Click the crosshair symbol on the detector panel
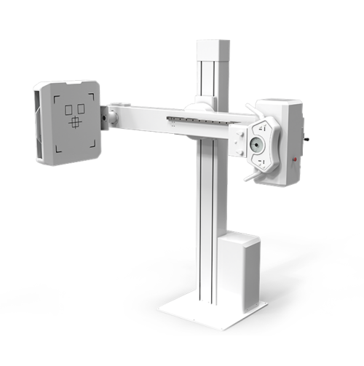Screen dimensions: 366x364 click(x=75, y=122)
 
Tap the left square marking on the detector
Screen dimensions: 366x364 click(x=70, y=110)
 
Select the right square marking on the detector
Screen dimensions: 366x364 click(x=80, y=109)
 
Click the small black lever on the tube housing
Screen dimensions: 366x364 click(x=306, y=136)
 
